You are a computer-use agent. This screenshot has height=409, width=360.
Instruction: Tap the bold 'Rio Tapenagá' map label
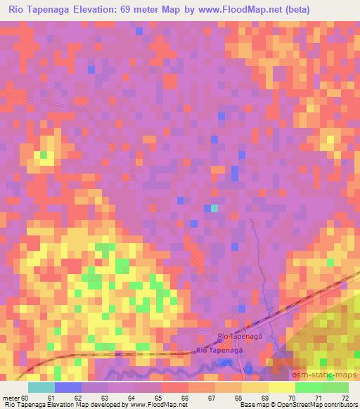tap(220, 350)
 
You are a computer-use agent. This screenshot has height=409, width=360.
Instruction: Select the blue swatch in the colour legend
tap(67, 387)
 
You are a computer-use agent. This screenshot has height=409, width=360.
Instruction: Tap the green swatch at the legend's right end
tap(335, 387)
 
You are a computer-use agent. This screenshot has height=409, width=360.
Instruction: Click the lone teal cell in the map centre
tap(214, 208)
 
